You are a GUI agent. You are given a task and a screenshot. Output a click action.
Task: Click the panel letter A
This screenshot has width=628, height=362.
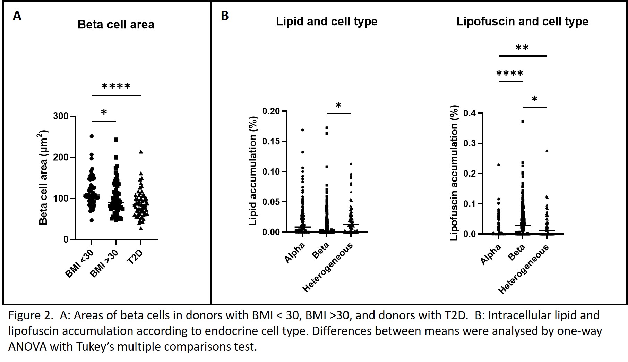[17, 16]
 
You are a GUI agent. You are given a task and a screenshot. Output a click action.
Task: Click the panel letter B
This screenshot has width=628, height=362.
[225, 16]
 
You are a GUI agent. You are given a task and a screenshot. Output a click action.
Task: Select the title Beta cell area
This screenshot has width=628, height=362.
[116, 25]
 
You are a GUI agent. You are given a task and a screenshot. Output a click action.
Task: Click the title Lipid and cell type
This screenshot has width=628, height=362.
[326, 22]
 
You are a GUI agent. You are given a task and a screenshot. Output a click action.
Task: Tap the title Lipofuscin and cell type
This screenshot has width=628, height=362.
[522, 22]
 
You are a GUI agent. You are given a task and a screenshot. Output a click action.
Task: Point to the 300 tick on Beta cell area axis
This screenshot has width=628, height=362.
[61, 116]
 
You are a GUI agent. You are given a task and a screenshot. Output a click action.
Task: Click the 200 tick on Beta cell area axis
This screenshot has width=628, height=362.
[61, 157]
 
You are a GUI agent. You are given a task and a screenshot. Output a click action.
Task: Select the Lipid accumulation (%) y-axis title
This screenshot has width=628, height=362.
[253, 171]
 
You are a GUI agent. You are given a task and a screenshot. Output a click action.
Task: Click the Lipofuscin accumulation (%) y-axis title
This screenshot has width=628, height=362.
[454, 173]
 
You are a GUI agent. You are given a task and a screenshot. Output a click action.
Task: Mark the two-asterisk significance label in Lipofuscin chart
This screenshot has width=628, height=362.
[522, 48]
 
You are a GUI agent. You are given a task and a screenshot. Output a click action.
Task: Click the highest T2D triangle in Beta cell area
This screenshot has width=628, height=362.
[141, 152]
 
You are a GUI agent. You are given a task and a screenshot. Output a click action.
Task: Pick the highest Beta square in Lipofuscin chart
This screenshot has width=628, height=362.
[523, 121]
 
